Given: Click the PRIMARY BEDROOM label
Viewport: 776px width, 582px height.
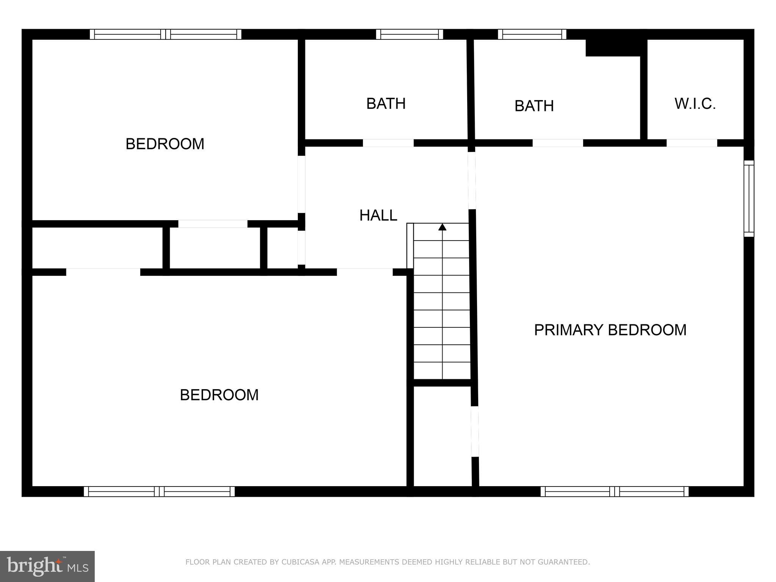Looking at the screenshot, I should point(610,330).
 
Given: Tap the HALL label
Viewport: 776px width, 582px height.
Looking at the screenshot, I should point(378,216).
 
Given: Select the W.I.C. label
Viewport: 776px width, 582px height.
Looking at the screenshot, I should point(695,104).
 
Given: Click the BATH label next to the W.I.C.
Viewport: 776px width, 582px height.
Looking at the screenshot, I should point(534,106).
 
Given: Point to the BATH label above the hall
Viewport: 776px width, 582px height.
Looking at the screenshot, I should point(386,104).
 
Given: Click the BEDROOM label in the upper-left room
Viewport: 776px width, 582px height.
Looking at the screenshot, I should point(165,144).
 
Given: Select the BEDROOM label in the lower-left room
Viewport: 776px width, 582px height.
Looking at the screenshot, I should point(219,395).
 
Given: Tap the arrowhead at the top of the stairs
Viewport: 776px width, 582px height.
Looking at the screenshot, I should point(442,227).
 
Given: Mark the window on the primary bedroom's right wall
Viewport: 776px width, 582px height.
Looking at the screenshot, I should point(749,199).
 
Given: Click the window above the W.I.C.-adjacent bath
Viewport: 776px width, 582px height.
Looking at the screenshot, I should point(532,34).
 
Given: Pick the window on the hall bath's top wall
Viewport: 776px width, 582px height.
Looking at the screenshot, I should point(410,34).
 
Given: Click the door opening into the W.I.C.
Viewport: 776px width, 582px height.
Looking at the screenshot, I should point(692,143).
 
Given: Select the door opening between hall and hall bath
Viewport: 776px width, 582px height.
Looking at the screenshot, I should point(388,143).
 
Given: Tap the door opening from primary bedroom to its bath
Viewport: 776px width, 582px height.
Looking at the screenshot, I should point(558,143).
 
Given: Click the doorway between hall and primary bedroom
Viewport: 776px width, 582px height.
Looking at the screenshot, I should point(472,180).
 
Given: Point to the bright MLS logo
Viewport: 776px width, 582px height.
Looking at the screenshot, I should point(47,566).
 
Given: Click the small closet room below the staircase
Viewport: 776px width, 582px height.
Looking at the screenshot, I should point(442,436).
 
